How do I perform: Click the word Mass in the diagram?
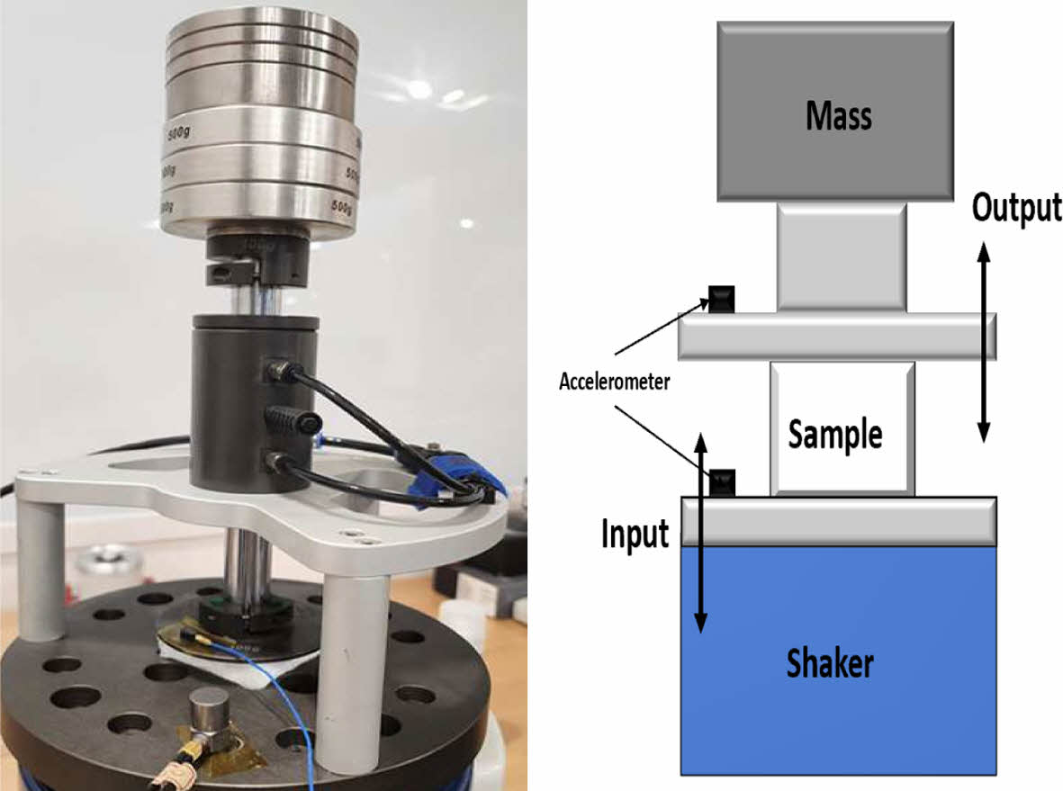(839, 116)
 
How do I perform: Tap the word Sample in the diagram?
(835, 435)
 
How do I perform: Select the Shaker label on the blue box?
(830, 664)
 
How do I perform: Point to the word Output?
(1016, 208)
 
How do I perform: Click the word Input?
(635, 534)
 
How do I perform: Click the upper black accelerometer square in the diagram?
(721, 300)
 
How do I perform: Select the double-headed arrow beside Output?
(983, 341)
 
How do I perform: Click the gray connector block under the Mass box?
(841, 257)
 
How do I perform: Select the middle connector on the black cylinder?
(293, 418)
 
